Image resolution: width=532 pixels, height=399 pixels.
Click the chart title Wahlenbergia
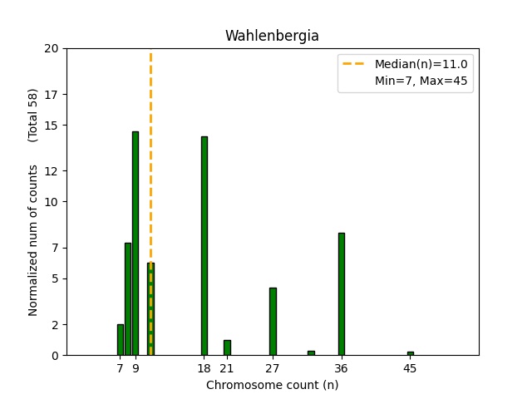[272, 37]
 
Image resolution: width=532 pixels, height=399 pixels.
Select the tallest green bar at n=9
[135, 243]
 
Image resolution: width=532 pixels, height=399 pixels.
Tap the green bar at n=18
[204, 245]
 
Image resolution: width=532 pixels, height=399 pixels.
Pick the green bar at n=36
[342, 293]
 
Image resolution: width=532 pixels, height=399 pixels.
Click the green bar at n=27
[273, 321]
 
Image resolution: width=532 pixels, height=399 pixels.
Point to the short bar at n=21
[227, 347]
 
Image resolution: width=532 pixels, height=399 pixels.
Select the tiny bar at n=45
[410, 353]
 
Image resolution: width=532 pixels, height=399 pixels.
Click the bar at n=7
[121, 339]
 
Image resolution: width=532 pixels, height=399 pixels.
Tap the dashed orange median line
[150, 166]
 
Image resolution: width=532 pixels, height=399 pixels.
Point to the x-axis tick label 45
[410, 367]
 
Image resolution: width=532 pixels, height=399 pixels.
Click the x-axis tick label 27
[273, 367]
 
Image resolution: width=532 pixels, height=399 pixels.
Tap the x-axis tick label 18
[204, 367]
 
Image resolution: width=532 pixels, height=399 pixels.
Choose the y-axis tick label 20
[52, 48]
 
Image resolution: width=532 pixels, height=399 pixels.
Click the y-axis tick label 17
[52, 94]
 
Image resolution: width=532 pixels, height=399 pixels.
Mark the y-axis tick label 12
[52, 171]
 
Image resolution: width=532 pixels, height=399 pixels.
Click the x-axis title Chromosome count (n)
[272, 385]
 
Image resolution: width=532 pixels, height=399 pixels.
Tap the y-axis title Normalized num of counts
[33, 239]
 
